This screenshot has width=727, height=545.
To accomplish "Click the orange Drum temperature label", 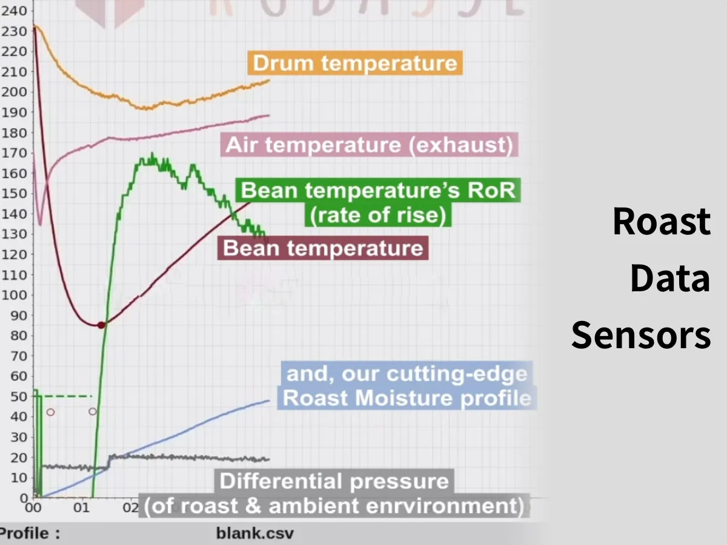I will click(x=354, y=63).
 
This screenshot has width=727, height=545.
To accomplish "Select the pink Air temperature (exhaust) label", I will click(x=369, y=145).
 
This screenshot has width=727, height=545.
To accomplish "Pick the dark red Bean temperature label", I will click(x=323, y=248).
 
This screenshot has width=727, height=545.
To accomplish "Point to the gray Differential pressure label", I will click(x=334, y=494).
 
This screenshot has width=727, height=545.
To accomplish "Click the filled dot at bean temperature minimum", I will click(x=101, y=325).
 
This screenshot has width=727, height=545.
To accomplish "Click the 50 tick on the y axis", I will click(x=18, y=396).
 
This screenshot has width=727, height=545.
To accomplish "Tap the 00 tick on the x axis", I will click(x=33, y=507).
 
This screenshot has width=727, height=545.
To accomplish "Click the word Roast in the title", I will click(x=661, y=222).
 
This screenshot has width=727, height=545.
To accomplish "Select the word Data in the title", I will click(x=669, y=279).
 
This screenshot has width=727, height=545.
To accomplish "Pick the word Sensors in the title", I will click(x=641, y=335).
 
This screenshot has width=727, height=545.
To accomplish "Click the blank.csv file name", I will click(x=254, y=533).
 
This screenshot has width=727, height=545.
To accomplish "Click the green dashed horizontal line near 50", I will click(x=67, y=396).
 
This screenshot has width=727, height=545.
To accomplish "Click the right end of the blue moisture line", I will click(x=268, y=400).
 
